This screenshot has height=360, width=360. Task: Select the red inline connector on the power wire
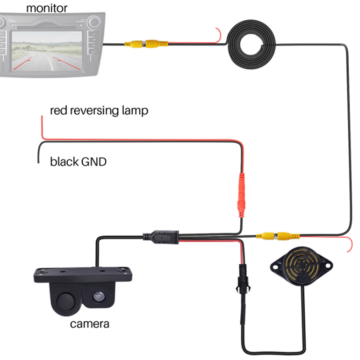click(x=241, y=194)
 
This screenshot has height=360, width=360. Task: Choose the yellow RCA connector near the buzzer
click(x=274, y=235)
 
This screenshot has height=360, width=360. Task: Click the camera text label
click(x=90, y=323)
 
